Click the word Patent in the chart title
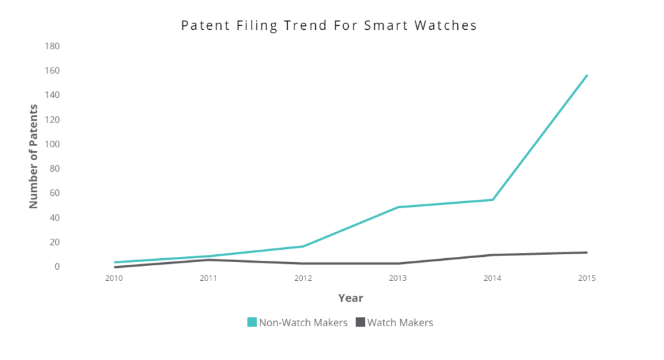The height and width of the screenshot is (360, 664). coord(203,26)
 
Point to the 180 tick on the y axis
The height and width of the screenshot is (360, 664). coord(53,46)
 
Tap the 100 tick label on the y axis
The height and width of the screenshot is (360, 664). coord(53,144)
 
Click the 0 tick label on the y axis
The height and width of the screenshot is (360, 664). coord(57,267)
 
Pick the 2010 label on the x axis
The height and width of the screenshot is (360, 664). coord(113,278)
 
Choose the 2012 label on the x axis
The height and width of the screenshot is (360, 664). coord(303,278)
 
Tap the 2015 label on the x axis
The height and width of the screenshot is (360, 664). coord(587,278)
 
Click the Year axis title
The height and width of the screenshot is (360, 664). coord(350,298)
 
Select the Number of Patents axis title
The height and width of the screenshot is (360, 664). coord(34,156)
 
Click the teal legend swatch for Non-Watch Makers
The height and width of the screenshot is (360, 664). coord(252,322)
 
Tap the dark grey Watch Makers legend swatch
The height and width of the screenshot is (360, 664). coord(361,322)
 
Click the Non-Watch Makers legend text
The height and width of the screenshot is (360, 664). coord(303,322)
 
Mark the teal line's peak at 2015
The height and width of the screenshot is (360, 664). coord(587,75)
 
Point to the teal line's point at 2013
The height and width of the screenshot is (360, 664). coord(397,207)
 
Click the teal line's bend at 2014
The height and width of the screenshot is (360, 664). coord(493,199)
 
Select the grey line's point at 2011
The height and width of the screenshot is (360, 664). coord(208,259)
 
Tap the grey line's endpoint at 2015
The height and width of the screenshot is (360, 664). coord(587,252)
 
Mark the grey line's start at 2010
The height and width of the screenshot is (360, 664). coord(114,267)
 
